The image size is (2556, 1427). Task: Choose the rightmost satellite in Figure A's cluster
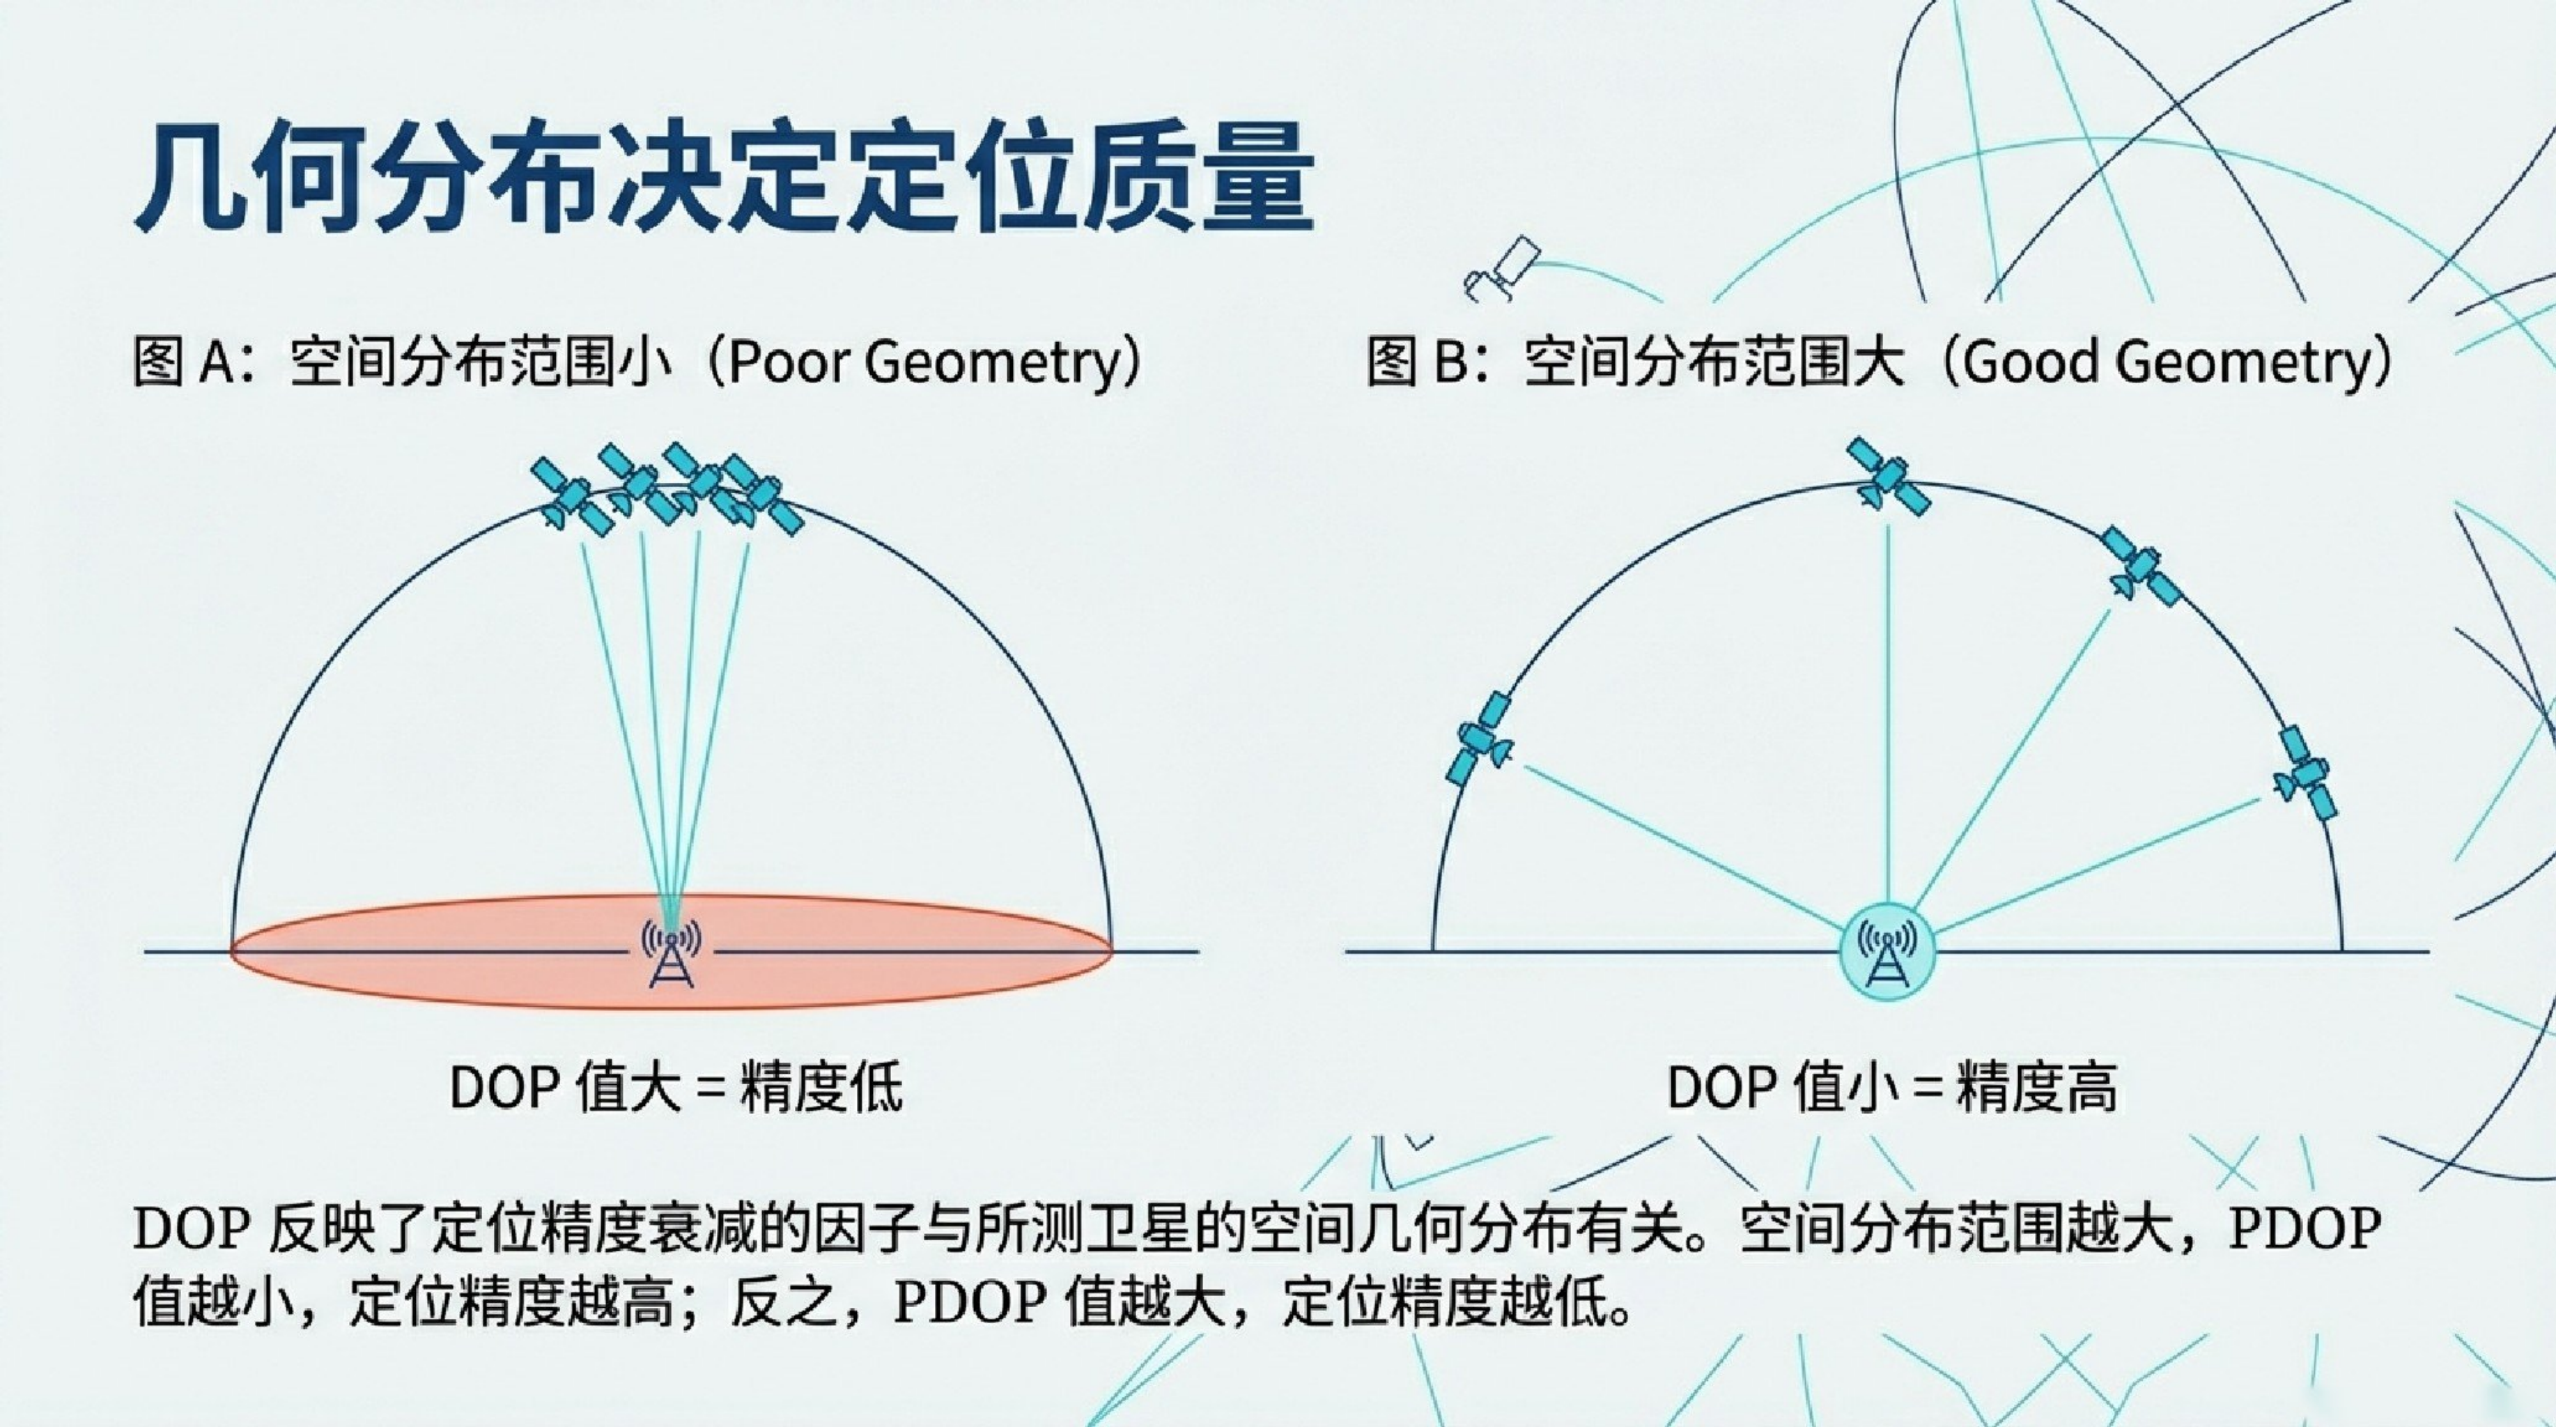762,492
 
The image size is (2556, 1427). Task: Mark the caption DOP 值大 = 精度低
676,1088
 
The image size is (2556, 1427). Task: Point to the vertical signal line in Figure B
1887,714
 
